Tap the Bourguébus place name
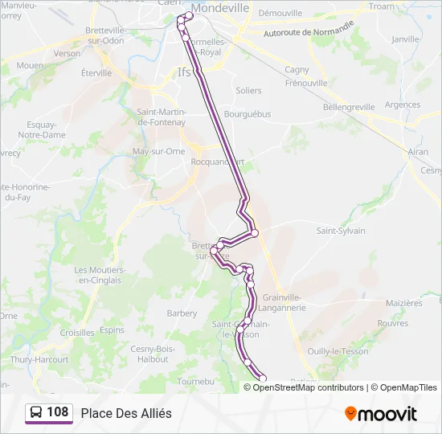click(x=247, y=114)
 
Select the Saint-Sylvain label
click(x=340, y=231)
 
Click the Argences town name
click(x=402, y=104)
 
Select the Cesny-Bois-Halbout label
click(x=152, y=354)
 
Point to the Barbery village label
click(x=182, y=313)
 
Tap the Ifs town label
click(x=184, y=72)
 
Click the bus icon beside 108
click(x=37, y=413)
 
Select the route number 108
click(x=58, y=413)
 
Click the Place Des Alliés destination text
click(x=126, y=413)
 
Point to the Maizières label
click(x=403, y=303)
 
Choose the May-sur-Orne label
click(x=158, y=151)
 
